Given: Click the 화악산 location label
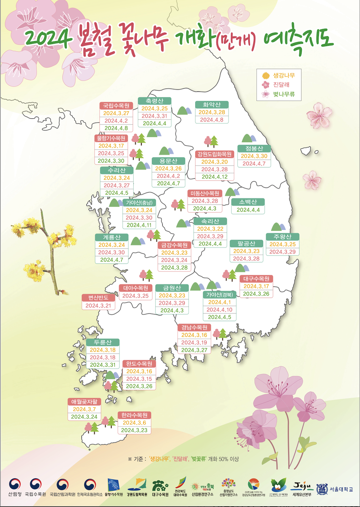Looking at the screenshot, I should [212, 105].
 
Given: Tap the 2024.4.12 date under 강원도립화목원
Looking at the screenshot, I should [214, 177].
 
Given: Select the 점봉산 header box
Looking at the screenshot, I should [254, 148].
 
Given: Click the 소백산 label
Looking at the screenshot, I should [248, 202].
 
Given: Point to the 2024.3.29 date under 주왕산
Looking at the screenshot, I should [282, 252].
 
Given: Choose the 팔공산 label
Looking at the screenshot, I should [246, 244].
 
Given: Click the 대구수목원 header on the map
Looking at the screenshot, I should [256, 279].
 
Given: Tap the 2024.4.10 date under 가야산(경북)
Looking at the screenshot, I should [219, 310].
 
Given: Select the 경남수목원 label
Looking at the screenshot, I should [194, 327].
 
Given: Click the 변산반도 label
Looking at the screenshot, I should [98, 298].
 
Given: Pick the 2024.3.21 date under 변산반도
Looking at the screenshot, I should [98, 306].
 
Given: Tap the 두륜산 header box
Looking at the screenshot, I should [103, 342].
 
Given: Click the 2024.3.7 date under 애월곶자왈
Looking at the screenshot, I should [84, 409].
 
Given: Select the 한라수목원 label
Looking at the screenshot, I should [134, 415].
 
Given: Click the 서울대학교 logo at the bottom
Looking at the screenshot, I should [335, 489].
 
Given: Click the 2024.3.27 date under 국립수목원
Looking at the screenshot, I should [116, 113].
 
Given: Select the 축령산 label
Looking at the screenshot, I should [154, 101].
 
